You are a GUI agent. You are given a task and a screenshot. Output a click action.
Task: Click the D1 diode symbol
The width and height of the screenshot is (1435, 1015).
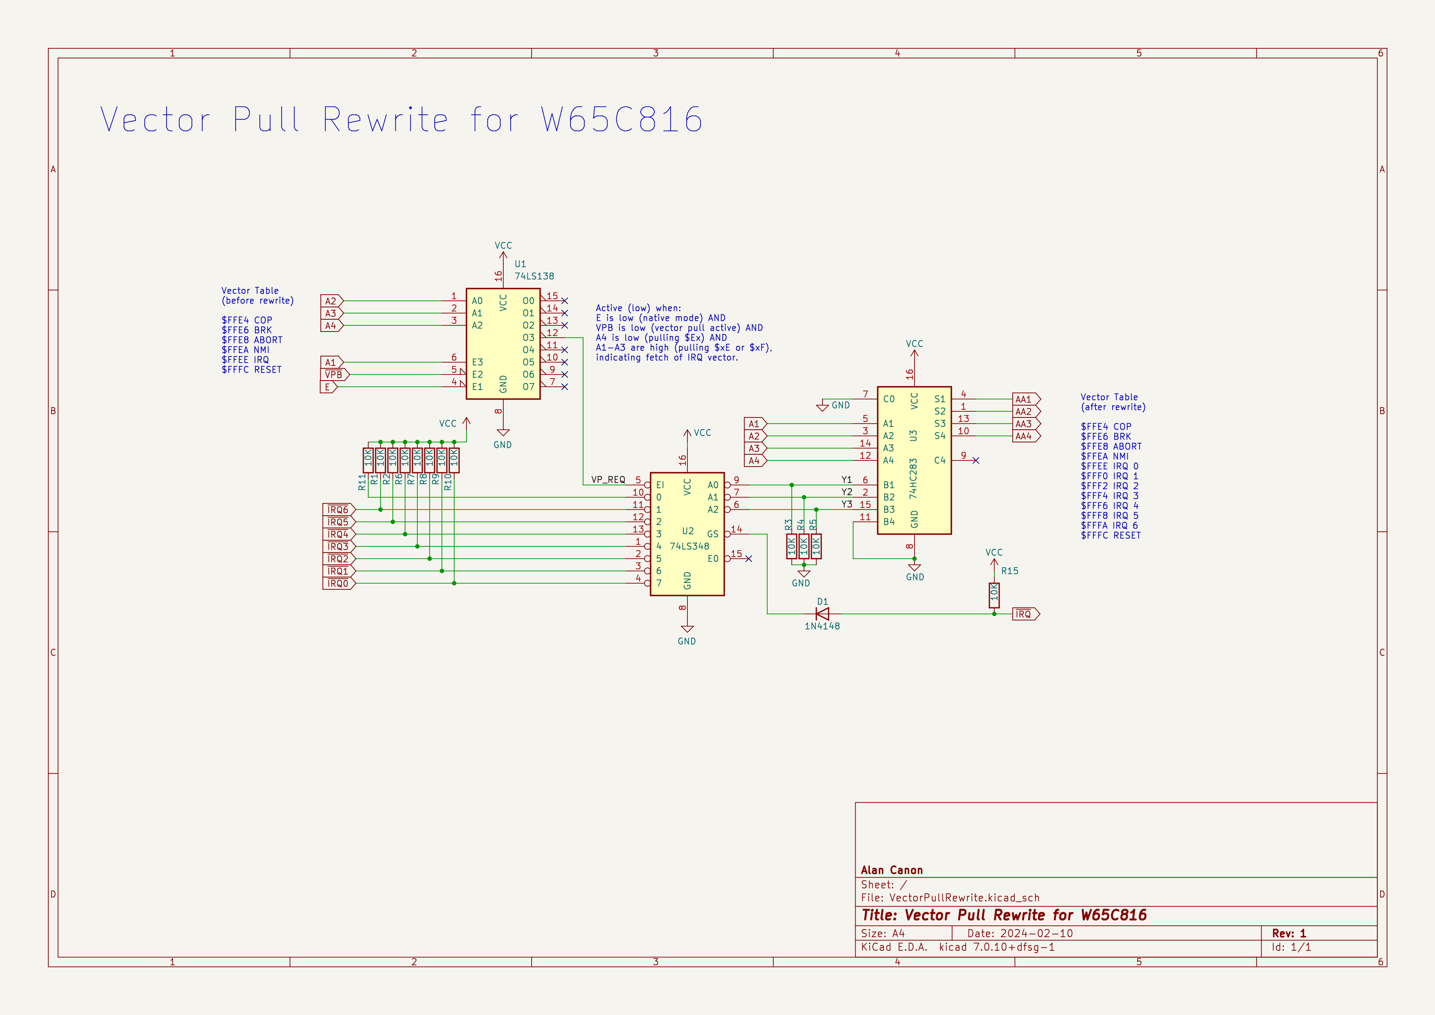[822, 614]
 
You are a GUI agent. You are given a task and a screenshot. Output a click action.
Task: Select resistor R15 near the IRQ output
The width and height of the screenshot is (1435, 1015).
[994, 595]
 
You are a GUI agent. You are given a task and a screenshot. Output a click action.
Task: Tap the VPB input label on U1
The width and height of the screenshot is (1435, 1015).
[334, 374]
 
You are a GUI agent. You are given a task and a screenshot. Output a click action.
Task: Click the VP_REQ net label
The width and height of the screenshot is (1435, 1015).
[608, 479]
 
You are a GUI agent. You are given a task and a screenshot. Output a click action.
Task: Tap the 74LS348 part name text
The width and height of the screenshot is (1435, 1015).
[689, 546]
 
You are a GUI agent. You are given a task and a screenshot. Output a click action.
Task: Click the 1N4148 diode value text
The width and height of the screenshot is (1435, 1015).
[822, 626]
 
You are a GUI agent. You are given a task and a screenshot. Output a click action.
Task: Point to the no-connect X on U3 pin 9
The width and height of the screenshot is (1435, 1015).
[975, 460]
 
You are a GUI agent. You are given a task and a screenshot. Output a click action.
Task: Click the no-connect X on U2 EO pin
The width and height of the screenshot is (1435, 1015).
[749, 559]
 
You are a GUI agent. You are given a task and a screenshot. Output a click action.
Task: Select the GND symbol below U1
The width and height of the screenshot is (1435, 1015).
[502, 433]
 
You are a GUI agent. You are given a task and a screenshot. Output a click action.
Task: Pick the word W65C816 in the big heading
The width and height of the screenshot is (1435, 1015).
[622, 120]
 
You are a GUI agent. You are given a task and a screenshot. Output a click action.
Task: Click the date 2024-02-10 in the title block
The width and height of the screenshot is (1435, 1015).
[1036, 933]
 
